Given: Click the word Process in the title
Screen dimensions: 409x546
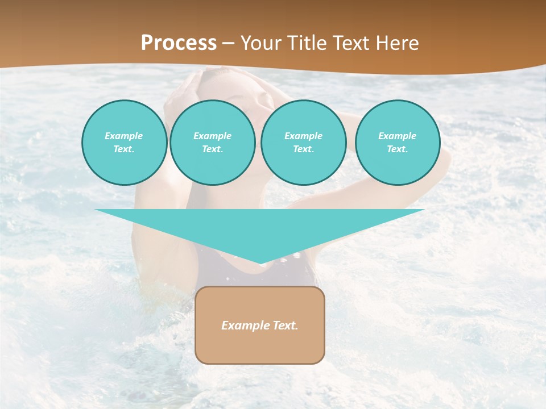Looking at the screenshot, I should (179, 43).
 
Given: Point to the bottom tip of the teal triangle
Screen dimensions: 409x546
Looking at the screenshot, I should (260, 262).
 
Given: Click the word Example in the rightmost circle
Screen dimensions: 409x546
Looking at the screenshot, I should (398, 136).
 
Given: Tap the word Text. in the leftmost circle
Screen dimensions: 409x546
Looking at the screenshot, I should (124, 149).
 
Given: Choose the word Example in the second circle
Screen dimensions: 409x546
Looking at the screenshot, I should (213, 136).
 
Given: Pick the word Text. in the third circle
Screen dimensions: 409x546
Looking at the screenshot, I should (304, 149).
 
